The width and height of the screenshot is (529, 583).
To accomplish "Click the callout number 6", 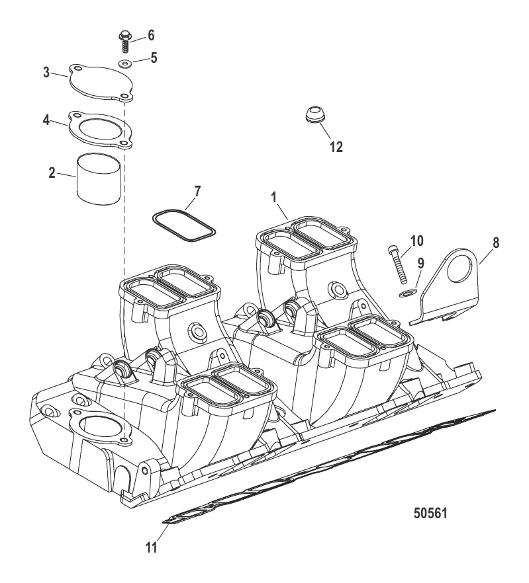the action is [151, 35].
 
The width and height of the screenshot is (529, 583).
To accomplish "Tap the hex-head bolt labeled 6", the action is [124, 42].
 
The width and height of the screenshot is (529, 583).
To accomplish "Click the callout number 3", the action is [46, 72].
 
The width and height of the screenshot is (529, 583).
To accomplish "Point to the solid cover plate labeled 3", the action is [101, 83].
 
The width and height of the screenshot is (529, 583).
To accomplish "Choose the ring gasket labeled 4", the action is [101, 130].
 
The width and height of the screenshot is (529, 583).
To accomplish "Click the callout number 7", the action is [197, 192].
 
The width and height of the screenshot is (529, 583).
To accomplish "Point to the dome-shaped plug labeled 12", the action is [316, 114].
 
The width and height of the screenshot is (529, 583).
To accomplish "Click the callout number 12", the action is [336, 147].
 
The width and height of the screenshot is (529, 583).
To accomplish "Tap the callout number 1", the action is [274, 198].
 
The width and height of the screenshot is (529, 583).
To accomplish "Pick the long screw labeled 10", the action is [398, 264].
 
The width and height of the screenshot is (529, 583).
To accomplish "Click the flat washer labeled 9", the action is [406, 293].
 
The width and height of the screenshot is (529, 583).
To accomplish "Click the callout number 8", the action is [496, 243].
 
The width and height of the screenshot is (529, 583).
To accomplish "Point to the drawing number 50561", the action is [430, 514].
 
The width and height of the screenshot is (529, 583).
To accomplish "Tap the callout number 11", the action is [151, 547].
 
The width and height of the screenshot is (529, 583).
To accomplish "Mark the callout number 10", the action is [417, 241].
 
